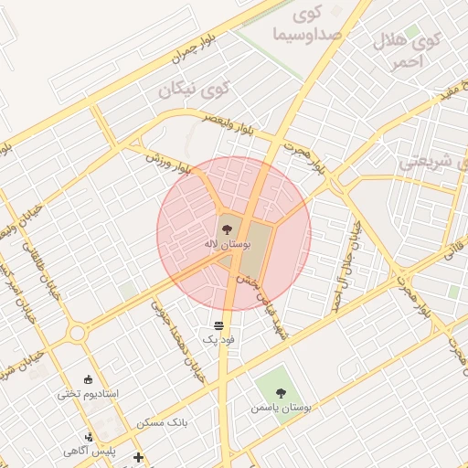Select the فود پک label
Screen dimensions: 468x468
point(219,339)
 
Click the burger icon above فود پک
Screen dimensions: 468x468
point(219,325)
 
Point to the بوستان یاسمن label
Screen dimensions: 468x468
point(281,407)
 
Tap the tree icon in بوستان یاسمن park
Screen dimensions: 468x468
point(281,392)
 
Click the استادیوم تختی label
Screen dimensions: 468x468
point(88,394)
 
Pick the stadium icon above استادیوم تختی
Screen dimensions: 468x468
point(88,379)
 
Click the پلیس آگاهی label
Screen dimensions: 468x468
point(88,451)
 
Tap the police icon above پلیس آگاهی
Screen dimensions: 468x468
point(89,437)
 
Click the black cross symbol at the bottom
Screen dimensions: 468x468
point(138,456)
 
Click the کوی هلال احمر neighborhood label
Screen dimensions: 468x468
point(407,51)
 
